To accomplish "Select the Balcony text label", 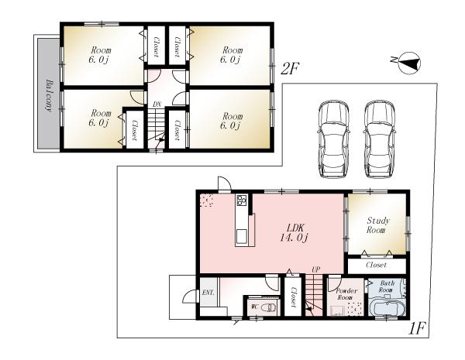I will tap(49, 95).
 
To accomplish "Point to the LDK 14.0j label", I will tap(296, 233).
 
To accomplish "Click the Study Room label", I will tap(376, 225).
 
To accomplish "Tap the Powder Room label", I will tap(344, 293).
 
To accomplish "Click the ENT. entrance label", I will tap(208, 293).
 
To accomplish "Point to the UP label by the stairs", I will tap(315, 269).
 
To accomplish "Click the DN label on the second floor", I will tap(157, 104).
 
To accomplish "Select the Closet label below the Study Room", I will tap(376, 266).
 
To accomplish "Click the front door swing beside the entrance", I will tap(186, 298).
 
